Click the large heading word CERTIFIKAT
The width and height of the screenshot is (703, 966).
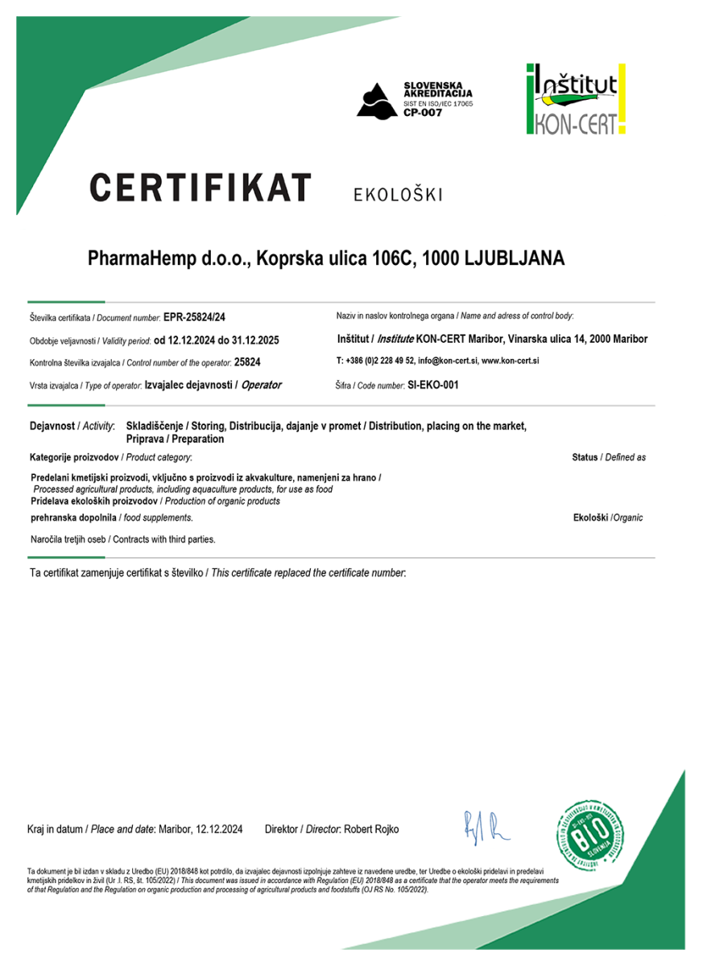[200, 188]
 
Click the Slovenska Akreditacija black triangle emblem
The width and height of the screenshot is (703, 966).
[377, 100]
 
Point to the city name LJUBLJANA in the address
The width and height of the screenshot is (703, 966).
[515, 259]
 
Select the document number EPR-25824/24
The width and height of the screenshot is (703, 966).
[200, 318]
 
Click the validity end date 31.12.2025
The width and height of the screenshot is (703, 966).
[250, 341]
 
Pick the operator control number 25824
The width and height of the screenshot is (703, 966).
[246, 363]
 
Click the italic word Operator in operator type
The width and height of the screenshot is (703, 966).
[262, 386]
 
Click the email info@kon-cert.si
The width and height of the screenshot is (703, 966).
[447, 361]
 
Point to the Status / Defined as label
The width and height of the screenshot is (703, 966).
[609, 457]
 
